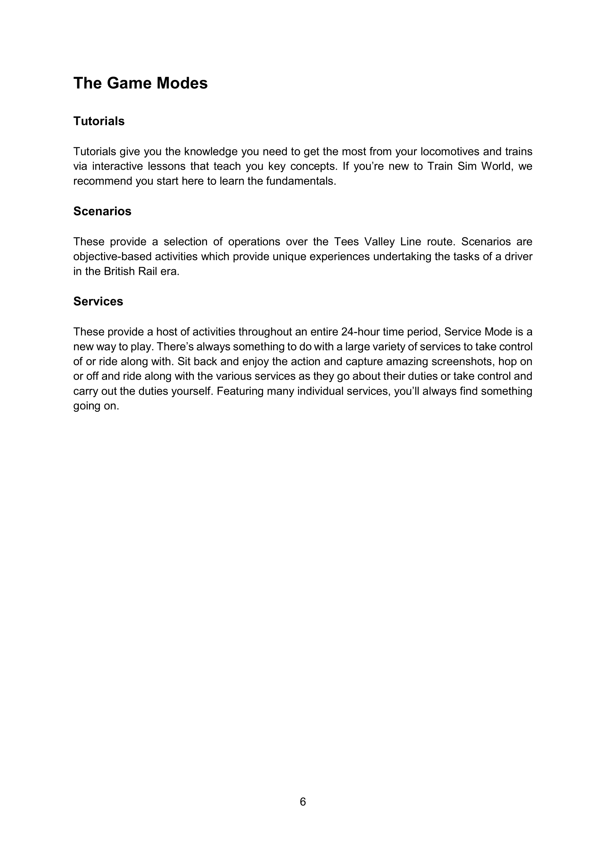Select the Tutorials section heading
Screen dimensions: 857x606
pyautogui.click(x=99, y=121)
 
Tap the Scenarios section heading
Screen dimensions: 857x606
pyautogui.click(x=102, y=211)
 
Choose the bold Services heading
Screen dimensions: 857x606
pyautogui.click(x=98, y=301)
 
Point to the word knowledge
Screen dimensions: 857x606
pyautogui.click(x=211, y=152)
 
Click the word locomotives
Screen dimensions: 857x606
pyautogui.click(x=450, y=152)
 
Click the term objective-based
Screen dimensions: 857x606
pyautogui.click(x=112, y=257)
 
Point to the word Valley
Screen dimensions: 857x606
pyautogui.click(x=379, y=242)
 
